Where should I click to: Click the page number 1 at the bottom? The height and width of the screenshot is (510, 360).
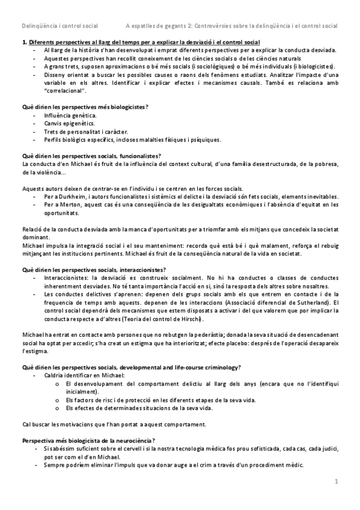(x=337, y=481)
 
